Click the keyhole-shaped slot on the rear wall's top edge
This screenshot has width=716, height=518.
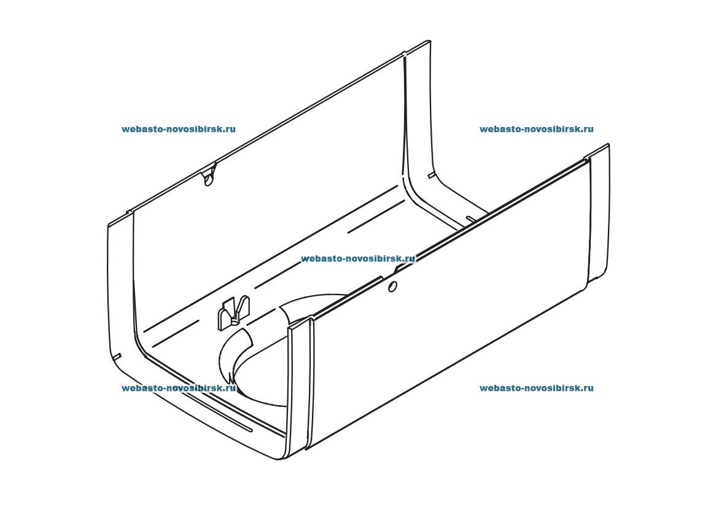(209, 176)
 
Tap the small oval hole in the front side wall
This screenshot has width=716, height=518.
(392, 287)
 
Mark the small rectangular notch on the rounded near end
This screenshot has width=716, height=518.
(117, 356)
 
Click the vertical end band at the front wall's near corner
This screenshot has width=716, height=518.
(299, 388)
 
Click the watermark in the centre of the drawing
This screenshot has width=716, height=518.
(358, 259)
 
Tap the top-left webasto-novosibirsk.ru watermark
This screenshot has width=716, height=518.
(179, 129)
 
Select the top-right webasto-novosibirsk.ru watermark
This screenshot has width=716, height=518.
(537, 129)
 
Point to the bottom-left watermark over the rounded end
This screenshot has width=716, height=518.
(179, 388)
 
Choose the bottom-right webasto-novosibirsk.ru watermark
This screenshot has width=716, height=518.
(537, 388)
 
